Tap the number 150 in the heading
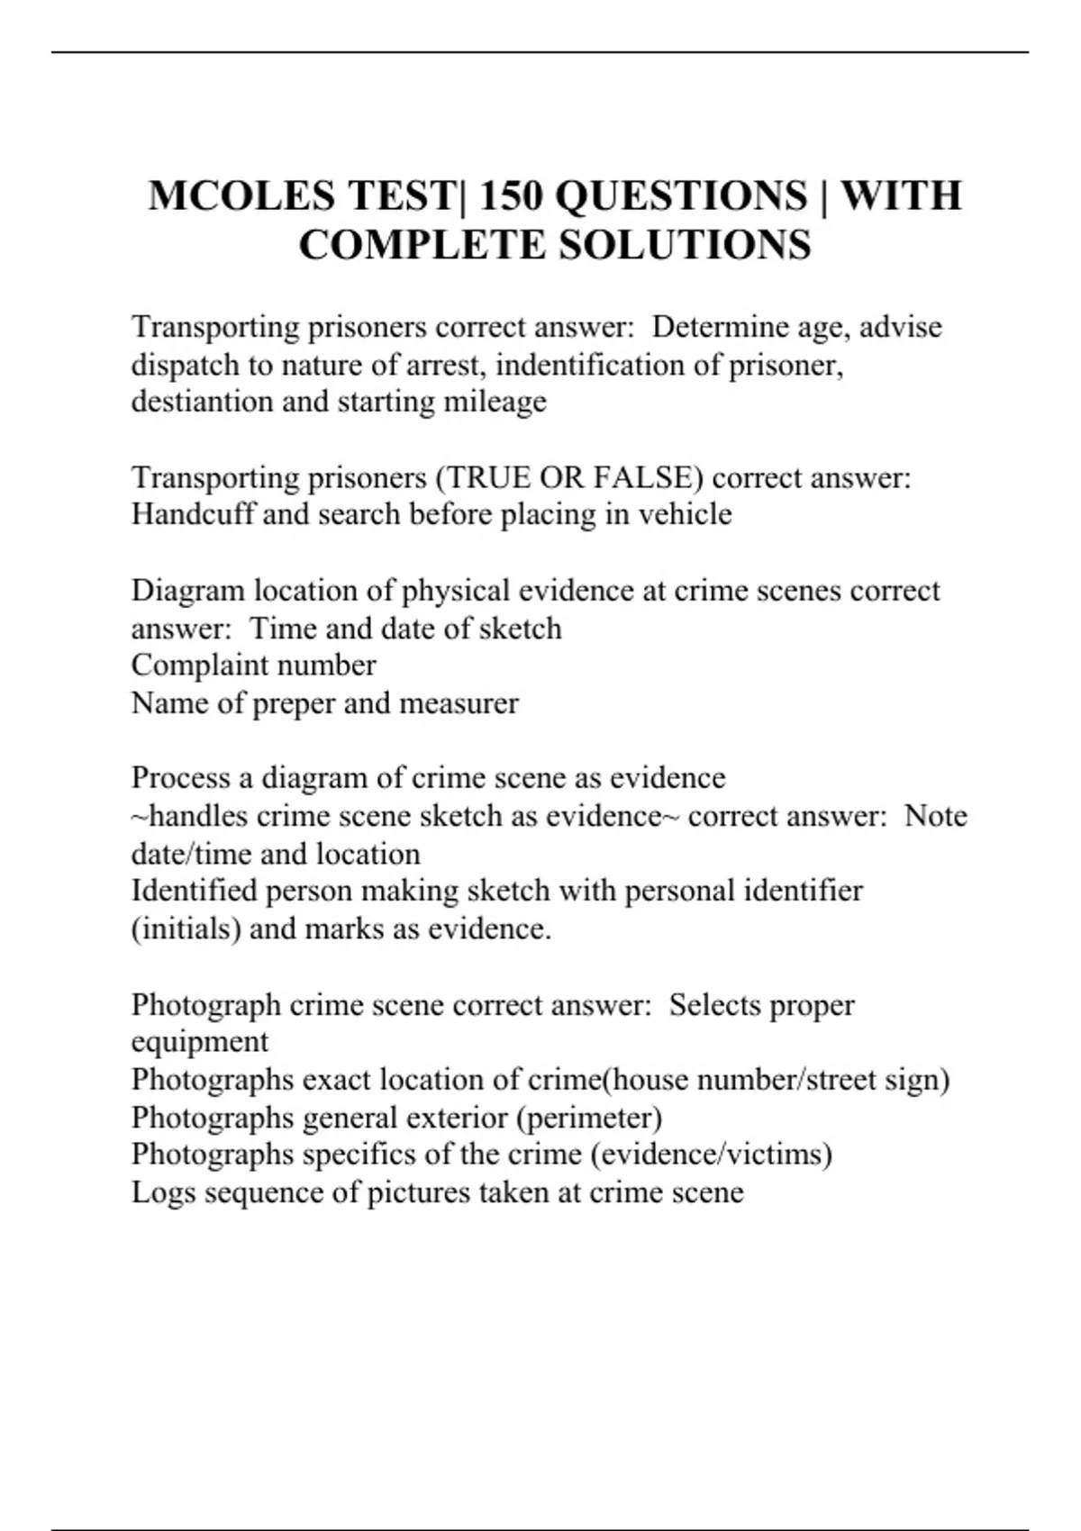coord(511,196)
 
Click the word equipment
coord(199,1042)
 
